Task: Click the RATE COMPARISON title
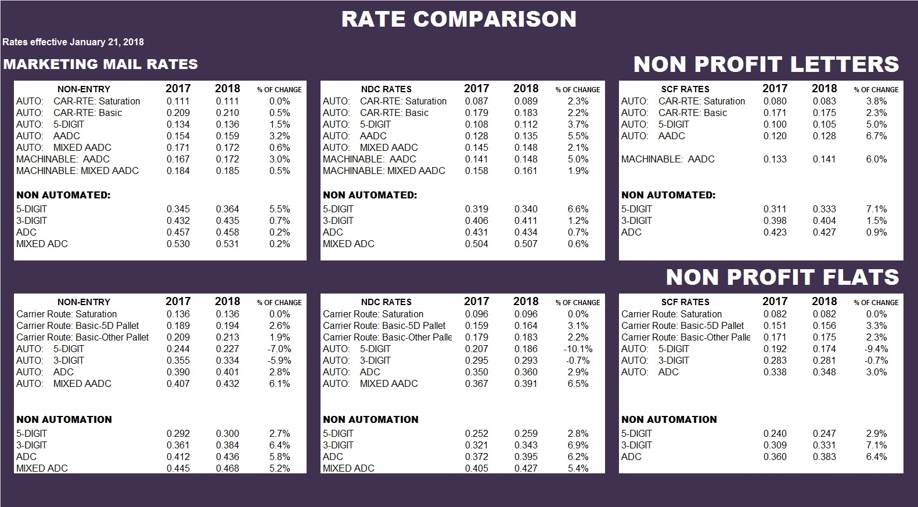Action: [459, 19]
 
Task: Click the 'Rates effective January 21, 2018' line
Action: [73, 42]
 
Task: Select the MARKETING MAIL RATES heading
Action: [100, 64]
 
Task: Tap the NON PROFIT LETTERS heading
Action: [766, 64]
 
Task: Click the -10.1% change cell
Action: [578, 349]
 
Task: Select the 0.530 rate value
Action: [178, 244]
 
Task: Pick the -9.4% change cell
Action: [876, 349]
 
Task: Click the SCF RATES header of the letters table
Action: [685, 89]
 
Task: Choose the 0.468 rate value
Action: [228, 468]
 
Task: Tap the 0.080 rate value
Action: [775, 101]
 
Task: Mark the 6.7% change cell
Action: [876, 136]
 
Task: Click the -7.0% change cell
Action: [279, 349]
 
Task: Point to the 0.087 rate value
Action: [477, 101]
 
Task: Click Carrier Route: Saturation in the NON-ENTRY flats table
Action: [67, 314]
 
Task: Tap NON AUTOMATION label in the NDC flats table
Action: [370, 419]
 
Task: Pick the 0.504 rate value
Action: [477, 244]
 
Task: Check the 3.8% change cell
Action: [876, 101]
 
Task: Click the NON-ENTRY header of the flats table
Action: [84, 302]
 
